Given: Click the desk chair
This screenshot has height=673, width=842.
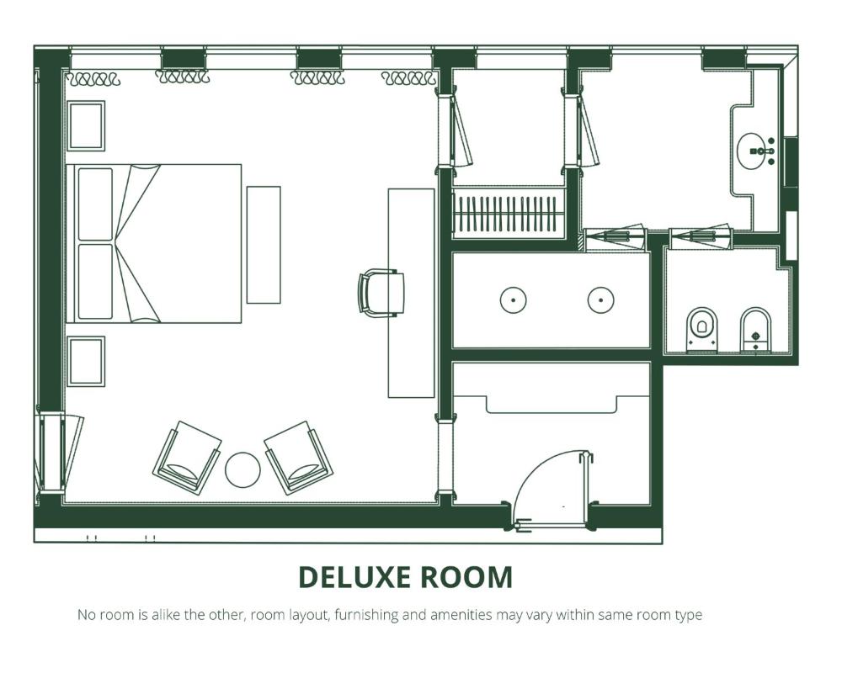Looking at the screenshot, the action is pos(381,293).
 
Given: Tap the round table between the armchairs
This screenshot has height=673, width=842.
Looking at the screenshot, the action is pos(242,470).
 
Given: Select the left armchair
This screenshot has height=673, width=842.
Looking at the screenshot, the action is pos(187,458).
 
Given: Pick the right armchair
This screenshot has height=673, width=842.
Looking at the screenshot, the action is pos(298,458).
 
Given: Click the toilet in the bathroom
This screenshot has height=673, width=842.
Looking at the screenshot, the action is pos(702,330).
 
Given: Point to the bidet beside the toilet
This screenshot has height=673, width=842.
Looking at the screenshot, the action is pos(755,330).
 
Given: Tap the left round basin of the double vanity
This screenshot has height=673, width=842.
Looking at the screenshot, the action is pos(514,300).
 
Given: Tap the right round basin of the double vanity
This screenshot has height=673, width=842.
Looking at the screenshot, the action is pos(600,300).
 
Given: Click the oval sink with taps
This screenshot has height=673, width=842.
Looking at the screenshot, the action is pos(756,151).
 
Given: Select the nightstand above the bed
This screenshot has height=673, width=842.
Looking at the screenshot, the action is pos(86,125).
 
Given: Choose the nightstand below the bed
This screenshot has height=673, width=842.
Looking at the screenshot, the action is pos(86,361).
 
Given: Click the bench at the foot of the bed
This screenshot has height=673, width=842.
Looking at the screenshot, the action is pos(264,245).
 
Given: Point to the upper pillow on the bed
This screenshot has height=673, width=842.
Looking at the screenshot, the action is pos(96,204).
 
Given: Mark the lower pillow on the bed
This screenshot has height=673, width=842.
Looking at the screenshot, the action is pos(96,282).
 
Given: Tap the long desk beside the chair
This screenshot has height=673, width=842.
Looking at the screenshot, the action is pos(412,293).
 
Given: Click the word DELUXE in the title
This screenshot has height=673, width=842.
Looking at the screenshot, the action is pos(354,577).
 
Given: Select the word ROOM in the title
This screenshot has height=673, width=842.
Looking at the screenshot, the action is pos(466,577).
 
